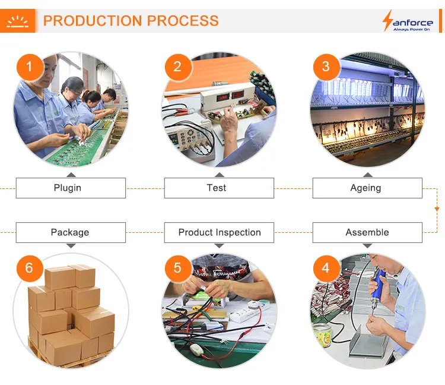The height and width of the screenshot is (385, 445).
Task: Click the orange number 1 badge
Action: pos(29,67)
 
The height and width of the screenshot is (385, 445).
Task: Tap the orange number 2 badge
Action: pos(177,67)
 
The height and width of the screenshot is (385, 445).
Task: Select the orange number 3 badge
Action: pos(325,67)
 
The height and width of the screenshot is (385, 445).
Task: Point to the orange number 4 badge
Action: pos(325,268)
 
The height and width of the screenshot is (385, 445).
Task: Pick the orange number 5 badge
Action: pos(177,268)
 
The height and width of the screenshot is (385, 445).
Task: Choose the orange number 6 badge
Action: pos(29,268)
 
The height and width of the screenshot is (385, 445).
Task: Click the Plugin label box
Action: pos(71,188)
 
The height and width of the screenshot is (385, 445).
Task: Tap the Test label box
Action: pos(219,188)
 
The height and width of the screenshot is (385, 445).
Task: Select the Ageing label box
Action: pos(367,188)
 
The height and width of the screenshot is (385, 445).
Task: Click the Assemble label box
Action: pos(367,232)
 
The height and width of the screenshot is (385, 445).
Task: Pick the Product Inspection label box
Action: pos(219,232)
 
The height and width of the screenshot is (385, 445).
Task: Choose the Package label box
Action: pos(71,232)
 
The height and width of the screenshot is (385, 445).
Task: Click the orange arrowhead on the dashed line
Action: pos(437,209)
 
